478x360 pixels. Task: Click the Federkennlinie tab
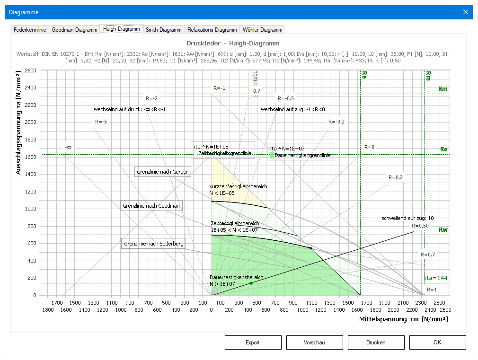(x=30, y=30)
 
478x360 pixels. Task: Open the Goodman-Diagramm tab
(x=74, y=30)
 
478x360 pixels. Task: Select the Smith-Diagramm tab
(x=164, y=30)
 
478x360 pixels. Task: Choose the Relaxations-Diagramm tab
(x=212, y=30)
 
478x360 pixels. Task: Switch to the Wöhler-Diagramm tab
(x=262, y=30)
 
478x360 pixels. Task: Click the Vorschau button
(x=314, y=342)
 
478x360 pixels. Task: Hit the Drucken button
(x=376, y=342)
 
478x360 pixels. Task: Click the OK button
(x=437, y=342)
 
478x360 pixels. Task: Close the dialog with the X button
(x=466, y=12)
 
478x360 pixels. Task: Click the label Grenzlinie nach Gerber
(x=163, y=172)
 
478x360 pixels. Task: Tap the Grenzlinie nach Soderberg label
(x=153, y=244)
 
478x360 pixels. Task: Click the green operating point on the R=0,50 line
(x=251, y=283)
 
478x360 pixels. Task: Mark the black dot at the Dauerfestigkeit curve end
(x=310, y=248)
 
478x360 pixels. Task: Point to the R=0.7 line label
(x=428, y=255)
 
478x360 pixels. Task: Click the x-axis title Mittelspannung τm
(x=404, y=319)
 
